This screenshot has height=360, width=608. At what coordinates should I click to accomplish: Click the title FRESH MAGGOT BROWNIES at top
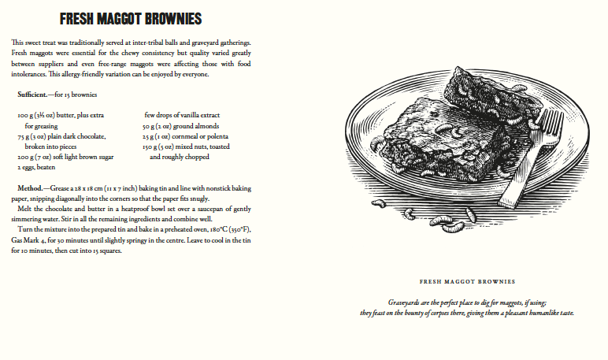pos(131,18)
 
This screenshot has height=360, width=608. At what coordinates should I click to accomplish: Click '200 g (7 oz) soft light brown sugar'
pos(65,157)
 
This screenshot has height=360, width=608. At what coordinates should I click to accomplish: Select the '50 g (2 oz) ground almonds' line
pos(180,125)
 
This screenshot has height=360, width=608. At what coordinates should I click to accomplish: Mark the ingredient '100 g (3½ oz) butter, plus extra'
pos(61,115)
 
